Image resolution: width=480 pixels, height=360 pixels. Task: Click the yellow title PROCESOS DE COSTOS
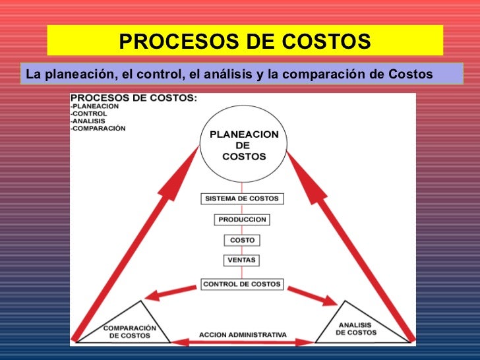pyautogui.click(x=245, y=42)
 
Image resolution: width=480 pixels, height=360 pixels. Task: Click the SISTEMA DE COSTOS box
pyautogui.click(x=242, y=198)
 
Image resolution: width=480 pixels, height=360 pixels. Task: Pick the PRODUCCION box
pyautogui.click(x=242, y=220)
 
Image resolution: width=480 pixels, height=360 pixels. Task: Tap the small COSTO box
pyautogui.click(x=242, y=240)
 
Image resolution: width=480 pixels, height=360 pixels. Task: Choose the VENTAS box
pyautogui.click(x=242, y=260)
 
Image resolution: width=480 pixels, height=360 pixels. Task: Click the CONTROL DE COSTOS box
pyautogui.click(x=242, y=284)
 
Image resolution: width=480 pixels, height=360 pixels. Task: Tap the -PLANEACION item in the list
pyautogui.click(x=94, y=106)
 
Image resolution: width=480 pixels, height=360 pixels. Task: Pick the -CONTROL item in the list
pyautogui.click(x=89, y=113)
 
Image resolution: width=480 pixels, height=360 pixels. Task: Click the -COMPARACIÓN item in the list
pyautogui.click(x=98, y=129)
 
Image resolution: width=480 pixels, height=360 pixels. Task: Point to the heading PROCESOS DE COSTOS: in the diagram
pyautogui.click(x=133, y=98)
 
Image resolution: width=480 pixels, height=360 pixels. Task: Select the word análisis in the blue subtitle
pyautogui.click(x=230, y=74)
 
